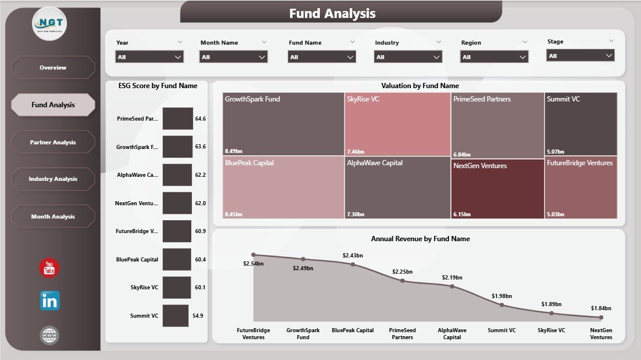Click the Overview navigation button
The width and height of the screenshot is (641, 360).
(53, 68)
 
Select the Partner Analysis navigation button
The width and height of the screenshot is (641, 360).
(53, 142)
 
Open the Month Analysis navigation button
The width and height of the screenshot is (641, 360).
(53, 216)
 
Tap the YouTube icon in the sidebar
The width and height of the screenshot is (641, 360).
(49, 268)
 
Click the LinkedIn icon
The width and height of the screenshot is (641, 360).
(49, 301)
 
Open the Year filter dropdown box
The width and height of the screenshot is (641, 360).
(150, 57)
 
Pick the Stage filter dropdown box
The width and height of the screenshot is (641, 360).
(580, 56)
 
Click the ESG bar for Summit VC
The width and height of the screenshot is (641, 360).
(176, 316)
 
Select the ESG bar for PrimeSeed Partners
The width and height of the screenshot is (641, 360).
(177, 118)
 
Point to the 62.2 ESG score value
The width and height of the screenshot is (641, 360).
(201, 174)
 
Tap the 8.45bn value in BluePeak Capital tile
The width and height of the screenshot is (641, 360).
(234, 214)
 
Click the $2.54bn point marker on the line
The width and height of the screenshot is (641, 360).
(253, 254)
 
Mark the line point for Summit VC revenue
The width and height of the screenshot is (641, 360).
(502, 305)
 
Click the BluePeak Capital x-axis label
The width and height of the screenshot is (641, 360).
(352, 330)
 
